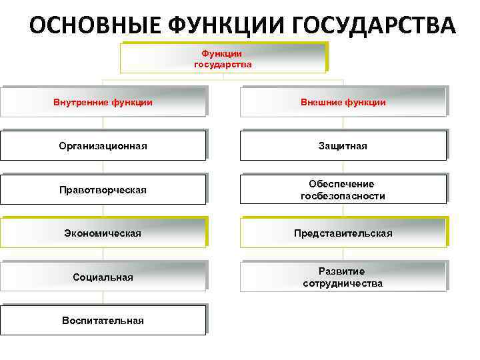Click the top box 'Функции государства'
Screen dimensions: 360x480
tap(223, 58)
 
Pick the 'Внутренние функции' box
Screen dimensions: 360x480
tap(103, 102)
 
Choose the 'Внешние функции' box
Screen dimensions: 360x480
tap(343, 102)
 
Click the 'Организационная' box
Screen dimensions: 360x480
tap(103, 145)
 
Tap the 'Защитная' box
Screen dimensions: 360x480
tap(343, 145)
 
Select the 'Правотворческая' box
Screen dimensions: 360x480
tap(103, 190)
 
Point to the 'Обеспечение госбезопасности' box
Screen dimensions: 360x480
tap(343, 190)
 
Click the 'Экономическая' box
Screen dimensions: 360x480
tap(103, 233)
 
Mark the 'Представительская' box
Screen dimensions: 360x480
tap(343, 233)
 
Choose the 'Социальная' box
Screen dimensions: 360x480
tap(103, 277)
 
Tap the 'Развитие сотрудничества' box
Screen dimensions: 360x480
tap(343, 277)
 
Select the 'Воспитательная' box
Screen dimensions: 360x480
tap(103, 320)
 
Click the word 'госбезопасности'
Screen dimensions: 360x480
tap(343, 196)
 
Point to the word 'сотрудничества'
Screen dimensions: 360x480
tap(343, 283)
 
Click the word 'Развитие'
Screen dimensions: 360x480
tap(341, 271)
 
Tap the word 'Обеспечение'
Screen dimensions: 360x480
tap(341, 183)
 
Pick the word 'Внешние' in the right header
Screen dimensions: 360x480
tap(321, 102)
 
